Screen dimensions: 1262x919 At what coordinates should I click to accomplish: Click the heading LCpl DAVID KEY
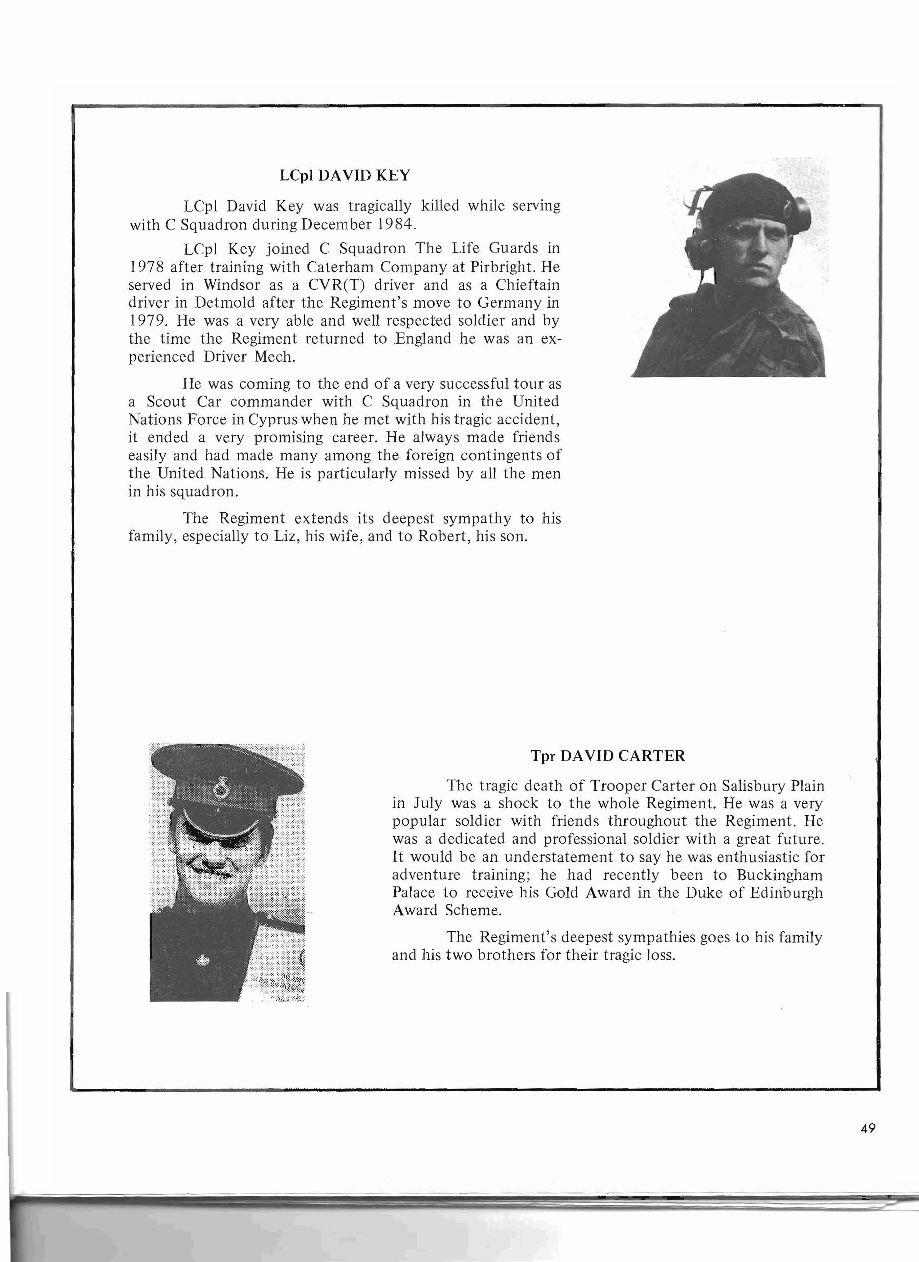pyautogui.click(x=345, y=176)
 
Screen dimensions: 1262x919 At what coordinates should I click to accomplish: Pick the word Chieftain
pyautogui.click(x=528, y=285)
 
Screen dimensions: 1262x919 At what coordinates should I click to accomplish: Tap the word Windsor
pyautogui.click(x=232, y=285)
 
